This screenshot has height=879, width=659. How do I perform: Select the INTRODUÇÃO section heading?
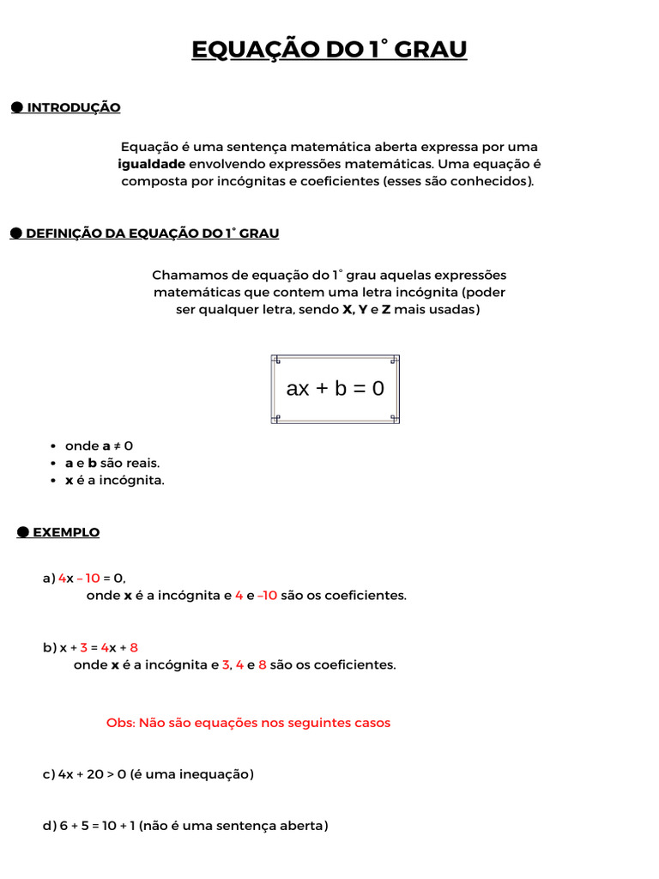[x=74, y=107]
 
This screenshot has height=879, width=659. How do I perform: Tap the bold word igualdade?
[x=151, y=164]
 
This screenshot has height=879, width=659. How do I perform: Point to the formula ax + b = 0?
[x=335, y=389]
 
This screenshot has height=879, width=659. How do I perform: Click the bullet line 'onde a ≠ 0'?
[x=99, y=446]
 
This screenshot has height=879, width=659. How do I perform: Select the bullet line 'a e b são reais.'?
[x=112, y=464]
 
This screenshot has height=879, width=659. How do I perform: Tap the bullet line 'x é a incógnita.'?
[x=114, y=481]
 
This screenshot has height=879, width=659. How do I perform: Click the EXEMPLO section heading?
[x=66, y=533]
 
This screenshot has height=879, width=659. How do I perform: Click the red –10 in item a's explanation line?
[x=267, y=596]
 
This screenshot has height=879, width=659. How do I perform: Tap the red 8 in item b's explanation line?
[x=262, y=665]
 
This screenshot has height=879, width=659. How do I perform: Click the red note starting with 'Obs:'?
[x=248, y=723]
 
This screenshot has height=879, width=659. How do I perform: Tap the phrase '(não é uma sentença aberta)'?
[x=233, y=826]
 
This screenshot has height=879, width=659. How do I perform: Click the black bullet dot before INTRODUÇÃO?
[x=16, y=107]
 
